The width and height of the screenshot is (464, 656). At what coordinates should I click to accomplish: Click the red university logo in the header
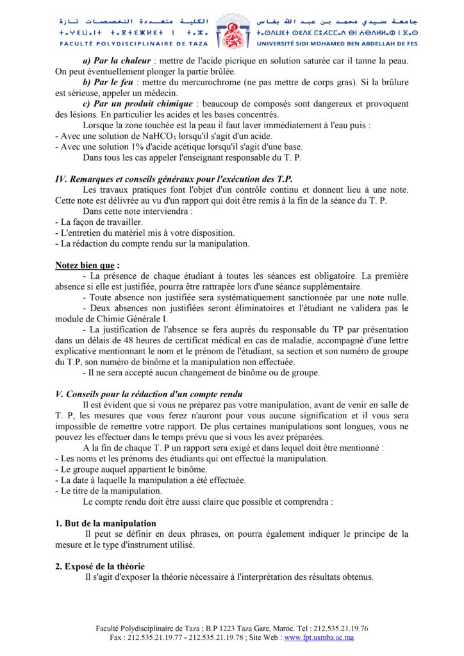coord(231,31)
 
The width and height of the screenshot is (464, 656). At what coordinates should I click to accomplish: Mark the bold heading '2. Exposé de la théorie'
coord(100,566)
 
